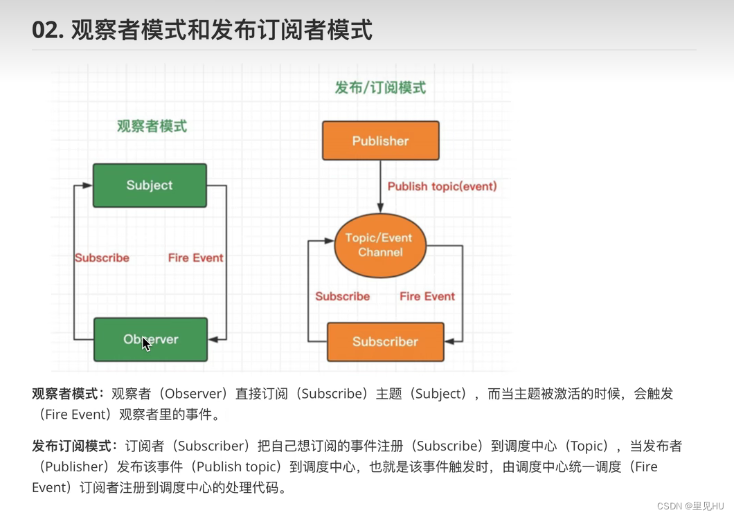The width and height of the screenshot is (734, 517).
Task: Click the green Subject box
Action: [x=150, y=185]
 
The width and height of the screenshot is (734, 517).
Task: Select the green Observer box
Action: [x=150, y=340]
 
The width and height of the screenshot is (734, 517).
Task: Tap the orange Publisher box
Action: [x=380, y=140]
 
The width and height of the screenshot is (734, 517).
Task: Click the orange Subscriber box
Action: [x=385, y=341]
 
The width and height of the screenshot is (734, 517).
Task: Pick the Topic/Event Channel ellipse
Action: [x=379, y=245]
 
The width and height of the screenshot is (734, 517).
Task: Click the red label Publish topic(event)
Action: [x=442, y=186]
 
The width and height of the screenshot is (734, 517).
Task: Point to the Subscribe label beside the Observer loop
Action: [x=102, y=257]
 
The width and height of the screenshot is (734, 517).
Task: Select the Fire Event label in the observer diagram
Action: [x=195, y=257]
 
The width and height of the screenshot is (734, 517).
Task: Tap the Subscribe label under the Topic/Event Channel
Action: [x=342, y=296]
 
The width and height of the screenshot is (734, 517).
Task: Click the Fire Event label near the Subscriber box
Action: [x=427, y=296]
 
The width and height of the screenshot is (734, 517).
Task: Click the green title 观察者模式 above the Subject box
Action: [x=152, y=126]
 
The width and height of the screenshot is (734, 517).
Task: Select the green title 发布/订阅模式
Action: [x=380, y=88]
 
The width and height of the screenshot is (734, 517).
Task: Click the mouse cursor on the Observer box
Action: [x=146, y=344]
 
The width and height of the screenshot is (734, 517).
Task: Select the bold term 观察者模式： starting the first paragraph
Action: [x=68, y=394]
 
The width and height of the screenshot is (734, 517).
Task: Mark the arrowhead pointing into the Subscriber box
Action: [x=449, y=341]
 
